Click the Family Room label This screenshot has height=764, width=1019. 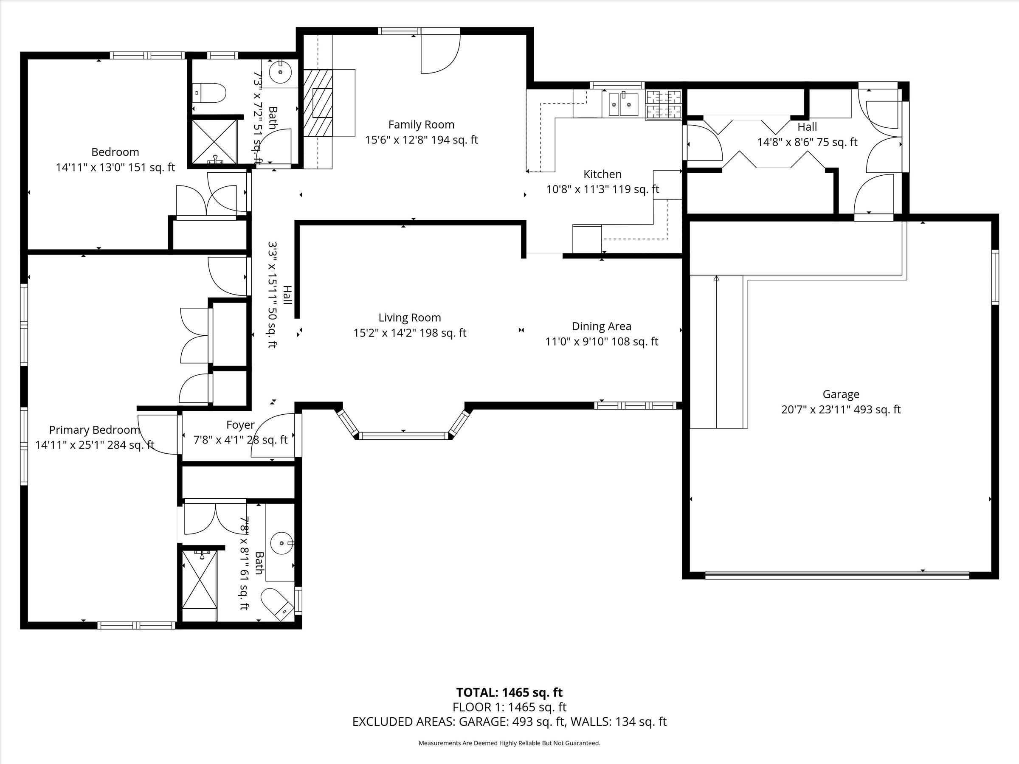(421, 124)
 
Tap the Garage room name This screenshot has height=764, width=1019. (841, 394)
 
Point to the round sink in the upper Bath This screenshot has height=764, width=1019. (280, 72)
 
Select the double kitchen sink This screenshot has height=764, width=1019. (623, 104)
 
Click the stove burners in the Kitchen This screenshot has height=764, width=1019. (664, 104)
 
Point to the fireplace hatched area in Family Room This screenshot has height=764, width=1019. (318, 103)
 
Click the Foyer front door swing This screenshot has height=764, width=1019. (275, 435)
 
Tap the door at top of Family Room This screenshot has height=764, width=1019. (440, 51)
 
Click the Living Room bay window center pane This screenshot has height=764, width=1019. (403, 435)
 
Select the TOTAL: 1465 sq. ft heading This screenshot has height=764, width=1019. (509, 693)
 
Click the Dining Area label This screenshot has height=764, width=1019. (601, 326)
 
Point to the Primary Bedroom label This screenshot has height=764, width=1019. (94, 430)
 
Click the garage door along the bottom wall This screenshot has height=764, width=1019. (837, 575)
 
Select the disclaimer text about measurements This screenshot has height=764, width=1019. (509, 743)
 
